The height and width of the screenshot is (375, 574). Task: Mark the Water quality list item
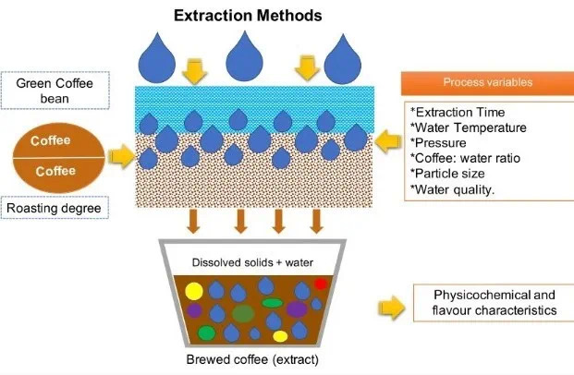tap(454, 190)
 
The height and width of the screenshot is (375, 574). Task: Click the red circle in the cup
tap(321, 284)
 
